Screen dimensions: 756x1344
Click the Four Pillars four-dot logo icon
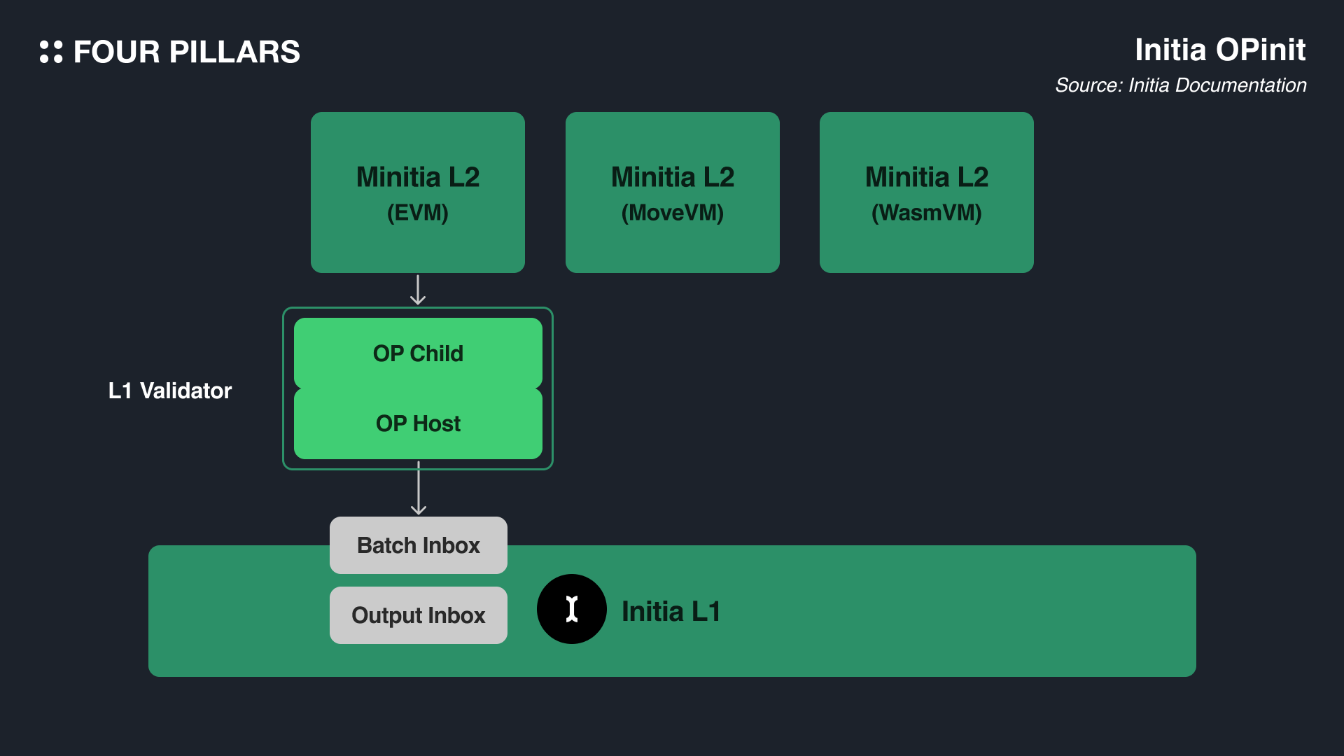[x=51, y=52]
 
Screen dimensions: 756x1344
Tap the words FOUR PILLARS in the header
[x=186, y=52]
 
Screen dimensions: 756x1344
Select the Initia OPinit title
[x=1219, y=50]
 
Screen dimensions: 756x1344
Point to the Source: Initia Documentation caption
[x=1180, y=85]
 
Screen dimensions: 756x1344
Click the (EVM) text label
[x=417, y=213]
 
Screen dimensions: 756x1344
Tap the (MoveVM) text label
[x=672, y=213]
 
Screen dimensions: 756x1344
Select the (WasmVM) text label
[x=926, y=213]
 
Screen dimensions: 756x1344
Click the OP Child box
[x=418, y=353]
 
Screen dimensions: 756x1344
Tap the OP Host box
[x=418, y=423]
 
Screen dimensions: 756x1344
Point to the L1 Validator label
[x=169, y=391]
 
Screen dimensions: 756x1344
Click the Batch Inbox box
[x=418, y=545]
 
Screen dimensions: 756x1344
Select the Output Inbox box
[x=418, y=615]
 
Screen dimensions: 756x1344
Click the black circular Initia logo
[x=571, y=609]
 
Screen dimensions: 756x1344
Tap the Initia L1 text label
[x=671, y=612]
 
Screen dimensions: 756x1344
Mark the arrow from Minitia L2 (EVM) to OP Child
[x=418, y=290]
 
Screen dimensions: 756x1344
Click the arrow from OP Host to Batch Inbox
[x=418, y=489]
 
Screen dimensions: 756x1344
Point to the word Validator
[x=185, y=391]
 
